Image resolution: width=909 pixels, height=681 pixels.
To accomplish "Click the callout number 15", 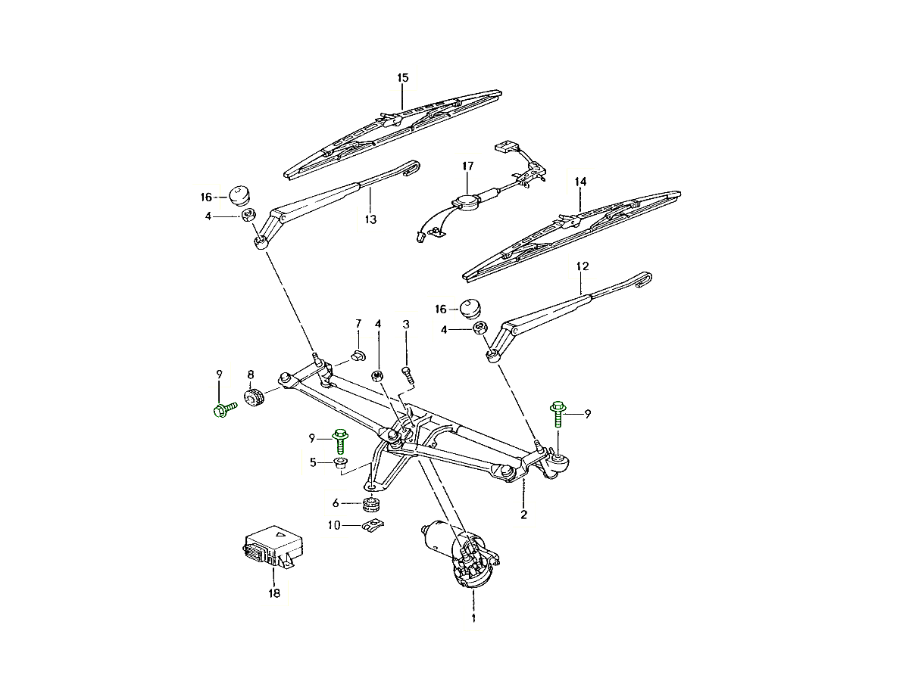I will pyautogui.click(x=403, y=78).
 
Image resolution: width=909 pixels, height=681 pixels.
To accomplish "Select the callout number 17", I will pyautogui.click(x=467, y=166).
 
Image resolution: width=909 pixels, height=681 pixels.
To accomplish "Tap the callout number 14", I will pyautogui.click(x=580, y=182).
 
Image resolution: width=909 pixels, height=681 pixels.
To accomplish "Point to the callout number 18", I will pyautogui.click(x=273, y=594).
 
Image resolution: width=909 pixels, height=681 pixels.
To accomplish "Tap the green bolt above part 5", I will pyautogui.click(x=339, y=440).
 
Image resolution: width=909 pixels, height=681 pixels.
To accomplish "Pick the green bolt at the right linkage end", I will pyautogui.click(x=558, y=415).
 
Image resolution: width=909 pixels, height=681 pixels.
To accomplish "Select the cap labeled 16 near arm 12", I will pyautogui.click(x=470, y=308).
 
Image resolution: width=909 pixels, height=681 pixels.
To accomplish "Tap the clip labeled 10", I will pyautogui.click(x=370, y=525).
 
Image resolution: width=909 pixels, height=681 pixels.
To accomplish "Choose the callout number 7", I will pyautogui.click(x=358, y=324).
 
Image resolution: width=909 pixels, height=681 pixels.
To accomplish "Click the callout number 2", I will pyautogui.click(x=523, y=515).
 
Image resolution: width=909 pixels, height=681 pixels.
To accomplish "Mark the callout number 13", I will pyautogui.click(x=370, y=219).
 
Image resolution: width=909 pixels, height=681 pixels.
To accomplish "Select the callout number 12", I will pyautogui.click(x=582, y=266).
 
